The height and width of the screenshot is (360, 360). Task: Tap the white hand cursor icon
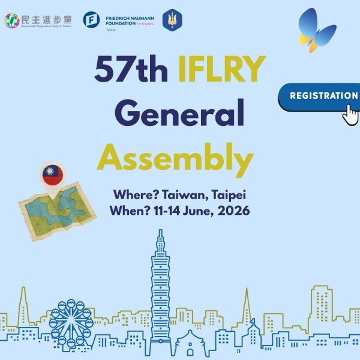tap(350, 113)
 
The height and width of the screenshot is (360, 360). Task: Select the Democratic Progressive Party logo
tap(12, 20)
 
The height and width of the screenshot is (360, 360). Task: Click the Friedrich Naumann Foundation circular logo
tap(91, 20)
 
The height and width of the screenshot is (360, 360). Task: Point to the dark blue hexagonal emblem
tap(172, 20)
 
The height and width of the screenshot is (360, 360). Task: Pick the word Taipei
tap(227, 196)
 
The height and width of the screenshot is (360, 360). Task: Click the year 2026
tap(232, 211)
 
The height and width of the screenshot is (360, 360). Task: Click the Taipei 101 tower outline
tap(161, 288)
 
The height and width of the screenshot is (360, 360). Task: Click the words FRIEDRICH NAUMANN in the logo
tap(130, 17)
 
